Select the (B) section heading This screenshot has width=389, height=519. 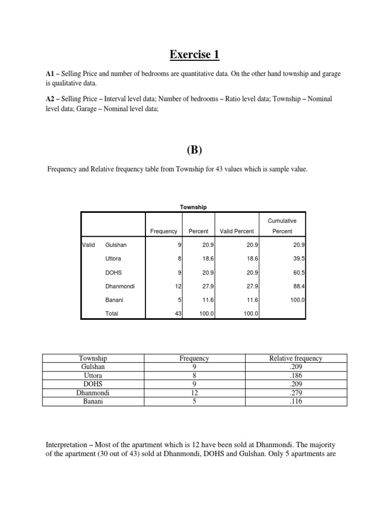click(194, 150)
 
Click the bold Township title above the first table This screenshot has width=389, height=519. click(193, 207)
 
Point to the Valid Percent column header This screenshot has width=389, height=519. click(237, 231)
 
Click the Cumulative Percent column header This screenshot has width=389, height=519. click(282, 226)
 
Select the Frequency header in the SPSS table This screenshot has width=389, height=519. click(164, 231)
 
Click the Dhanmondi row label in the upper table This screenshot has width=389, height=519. click(120, 286)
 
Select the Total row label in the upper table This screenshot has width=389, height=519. click(111, 313)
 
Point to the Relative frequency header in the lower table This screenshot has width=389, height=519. click(296, 358)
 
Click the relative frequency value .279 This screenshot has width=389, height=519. click(296, 393)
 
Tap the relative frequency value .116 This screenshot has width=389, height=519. click(296, 401)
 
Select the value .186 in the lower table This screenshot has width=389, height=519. click(296, 376)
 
